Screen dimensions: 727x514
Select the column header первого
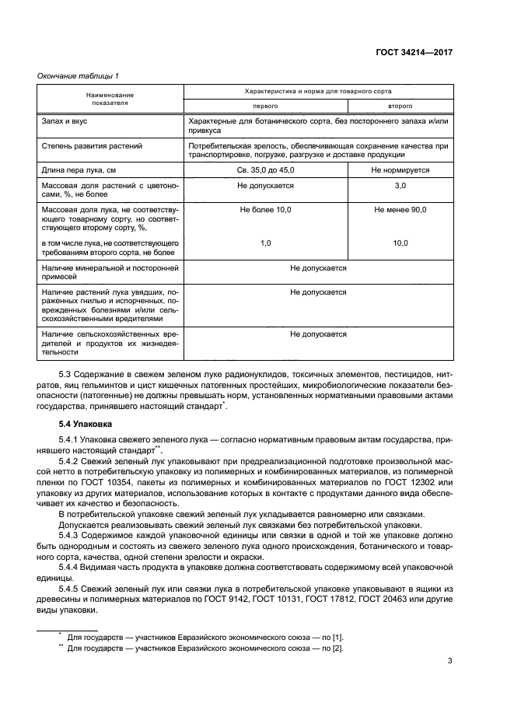[265, 105]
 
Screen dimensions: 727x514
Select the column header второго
[400, 105]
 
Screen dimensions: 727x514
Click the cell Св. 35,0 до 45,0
[265, 169]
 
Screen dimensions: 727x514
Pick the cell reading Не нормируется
[400, 169]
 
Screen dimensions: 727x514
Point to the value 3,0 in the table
[400, 187]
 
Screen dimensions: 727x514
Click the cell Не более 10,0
[265, 210]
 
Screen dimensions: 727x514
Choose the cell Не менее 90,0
[400, 210]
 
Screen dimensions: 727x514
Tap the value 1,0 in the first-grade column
[265, 243]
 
